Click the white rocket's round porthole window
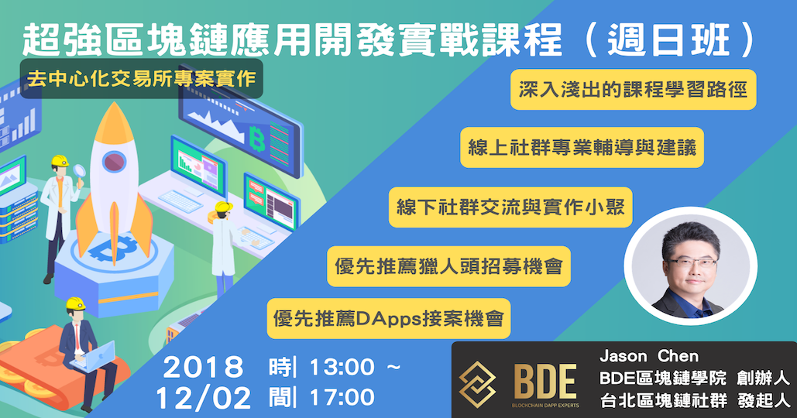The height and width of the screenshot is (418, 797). click(115, 162)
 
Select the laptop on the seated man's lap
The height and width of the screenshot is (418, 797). click(94, 356)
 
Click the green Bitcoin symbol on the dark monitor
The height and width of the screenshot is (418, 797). click(257, 139)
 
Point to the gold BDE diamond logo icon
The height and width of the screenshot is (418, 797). click(477, 384)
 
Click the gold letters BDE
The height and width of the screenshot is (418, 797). click(545, 382)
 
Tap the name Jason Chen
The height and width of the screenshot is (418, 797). click(649, 355)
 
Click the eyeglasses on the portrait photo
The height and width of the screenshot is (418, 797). click(692, 263)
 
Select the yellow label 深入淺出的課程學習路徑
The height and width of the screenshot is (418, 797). click(634, 89)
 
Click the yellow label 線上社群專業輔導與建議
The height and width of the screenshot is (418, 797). click(582, 147)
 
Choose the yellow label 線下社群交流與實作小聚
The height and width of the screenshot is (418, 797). click(510, 207)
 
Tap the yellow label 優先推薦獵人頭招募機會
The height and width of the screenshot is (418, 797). click(448, 266)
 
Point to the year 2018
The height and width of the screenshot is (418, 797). click(203, 367)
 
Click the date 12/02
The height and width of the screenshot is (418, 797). click(203, 398)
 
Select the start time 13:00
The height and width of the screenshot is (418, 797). click(342, 367)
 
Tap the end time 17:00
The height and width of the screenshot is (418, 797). click(342, 397)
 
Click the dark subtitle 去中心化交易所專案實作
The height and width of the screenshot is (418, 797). click(141, 78)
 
